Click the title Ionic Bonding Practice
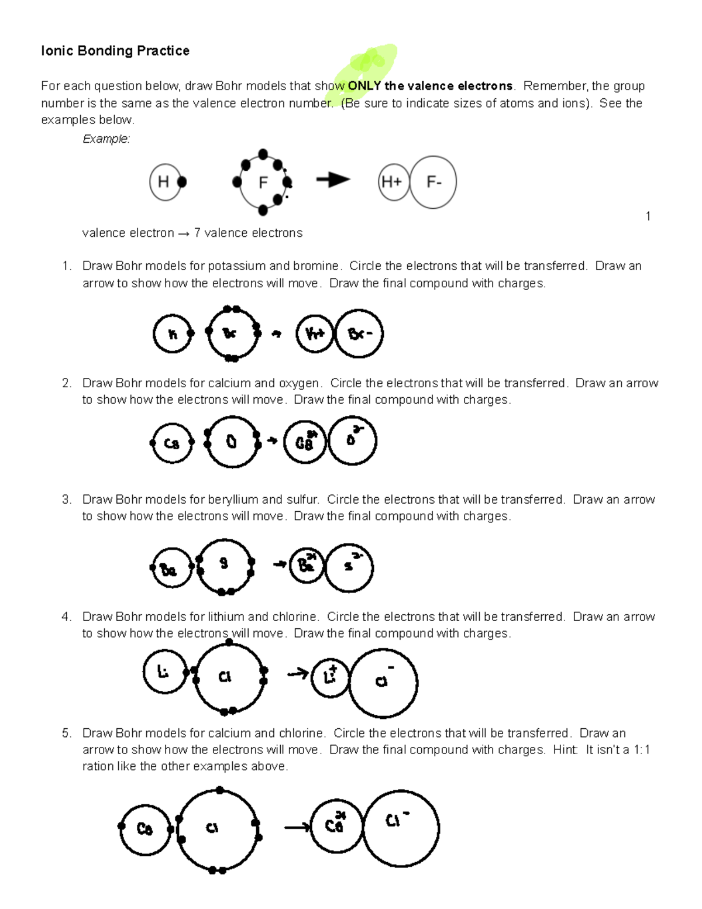pos(115,51)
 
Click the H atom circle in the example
pos(164,182)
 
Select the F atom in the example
pos(263,183)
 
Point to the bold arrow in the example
pos(333,180)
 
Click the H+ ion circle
pos(393,182)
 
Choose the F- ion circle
pos(433,182)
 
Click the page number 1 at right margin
pos(648,216)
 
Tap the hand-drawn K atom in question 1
pos(172,334)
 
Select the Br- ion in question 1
pos(359,333)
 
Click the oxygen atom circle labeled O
pos(232,442)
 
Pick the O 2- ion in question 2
pos(352,440)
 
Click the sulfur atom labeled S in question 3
pos(225,565)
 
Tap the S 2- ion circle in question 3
pos(349,567)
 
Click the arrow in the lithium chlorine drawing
pos(298,674)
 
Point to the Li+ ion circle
pos(331,677)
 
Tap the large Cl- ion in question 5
pos(401,828)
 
